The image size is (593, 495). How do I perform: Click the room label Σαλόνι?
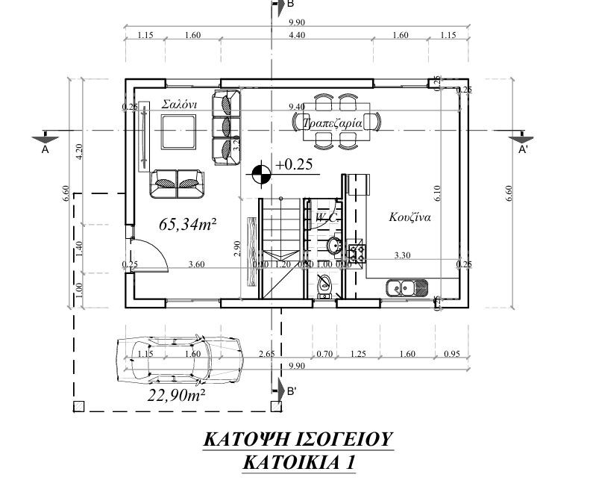179,105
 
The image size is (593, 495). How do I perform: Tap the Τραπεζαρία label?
332,122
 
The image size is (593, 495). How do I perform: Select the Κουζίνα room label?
410,218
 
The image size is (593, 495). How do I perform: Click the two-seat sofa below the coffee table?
178,182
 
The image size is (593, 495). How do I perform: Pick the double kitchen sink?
407,287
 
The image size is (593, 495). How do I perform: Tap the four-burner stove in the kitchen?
355,254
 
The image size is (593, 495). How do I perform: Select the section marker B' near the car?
291,390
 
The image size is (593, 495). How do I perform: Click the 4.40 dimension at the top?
296,35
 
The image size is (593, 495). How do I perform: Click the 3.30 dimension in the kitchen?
403,255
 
